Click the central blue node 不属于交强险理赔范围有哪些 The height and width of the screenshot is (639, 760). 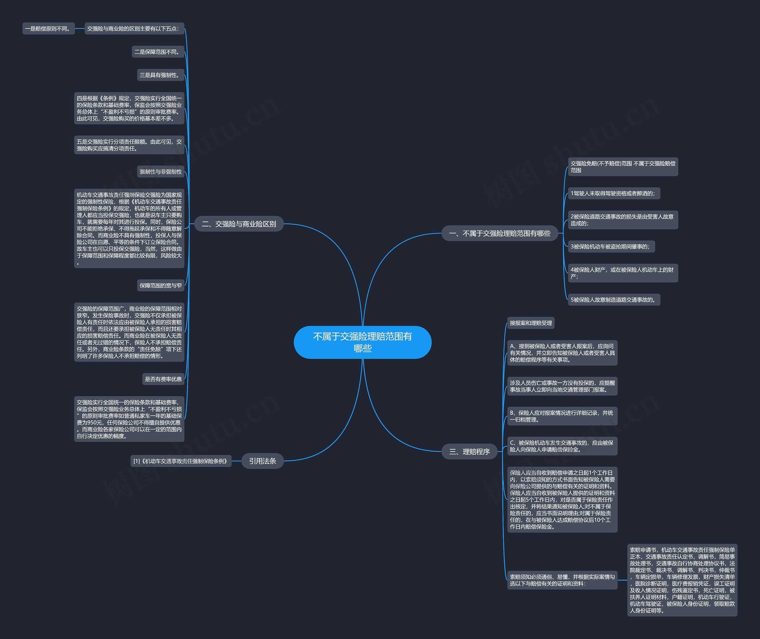[362, 342]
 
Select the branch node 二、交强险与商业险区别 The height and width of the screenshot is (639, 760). [239, 224]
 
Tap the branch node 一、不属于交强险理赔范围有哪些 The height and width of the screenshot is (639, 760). [499, 233]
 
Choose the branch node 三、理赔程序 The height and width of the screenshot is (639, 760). [469, 451]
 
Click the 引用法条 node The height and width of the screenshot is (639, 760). [262, 461]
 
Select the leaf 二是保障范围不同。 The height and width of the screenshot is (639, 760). [158, 52]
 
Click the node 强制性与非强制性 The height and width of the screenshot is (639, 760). [161, 171]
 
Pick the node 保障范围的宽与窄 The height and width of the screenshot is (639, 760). [161, 285]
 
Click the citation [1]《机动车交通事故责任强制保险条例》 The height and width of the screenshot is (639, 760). [180, 461]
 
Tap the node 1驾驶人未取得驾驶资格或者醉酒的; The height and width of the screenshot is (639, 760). [614, 193]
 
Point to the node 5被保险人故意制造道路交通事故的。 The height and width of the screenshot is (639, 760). [614, 300]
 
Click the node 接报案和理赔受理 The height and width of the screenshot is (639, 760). [531, 323]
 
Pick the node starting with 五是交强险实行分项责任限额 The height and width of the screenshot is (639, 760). [129, 145]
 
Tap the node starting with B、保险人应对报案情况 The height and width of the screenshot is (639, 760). [562, 416]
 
